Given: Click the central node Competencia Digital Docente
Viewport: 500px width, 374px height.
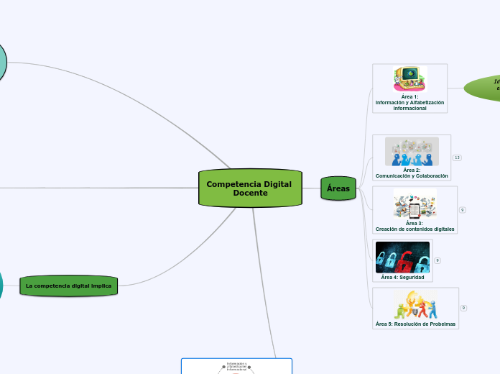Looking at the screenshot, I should click(x=249, y=188).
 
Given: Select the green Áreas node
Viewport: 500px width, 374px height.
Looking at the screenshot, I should click(x=338, y=188).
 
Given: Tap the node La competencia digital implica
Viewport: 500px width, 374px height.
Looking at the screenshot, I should click(x=68, y=286).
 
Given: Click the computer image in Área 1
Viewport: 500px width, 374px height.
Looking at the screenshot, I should click(x=410, y=78).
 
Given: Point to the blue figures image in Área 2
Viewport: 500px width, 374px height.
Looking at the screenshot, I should click(x=412, y=152).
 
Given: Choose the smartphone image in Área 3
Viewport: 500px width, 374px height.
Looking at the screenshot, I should click(x=415, y=204).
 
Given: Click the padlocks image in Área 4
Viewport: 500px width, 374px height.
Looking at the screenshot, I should click(x=402, y=257).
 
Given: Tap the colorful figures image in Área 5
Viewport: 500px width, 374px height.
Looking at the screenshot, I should click(x=415, y=305).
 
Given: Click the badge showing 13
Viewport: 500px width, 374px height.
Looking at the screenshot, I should click(x=457, y=158).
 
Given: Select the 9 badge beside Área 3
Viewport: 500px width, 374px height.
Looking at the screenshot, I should click(x=463, y=210).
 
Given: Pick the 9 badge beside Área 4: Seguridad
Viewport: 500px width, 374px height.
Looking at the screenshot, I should click(x=437, y=260).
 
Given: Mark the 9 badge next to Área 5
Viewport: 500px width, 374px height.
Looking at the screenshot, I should click(x=463, y=308).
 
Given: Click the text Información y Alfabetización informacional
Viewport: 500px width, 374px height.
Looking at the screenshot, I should click(x=409, y=105).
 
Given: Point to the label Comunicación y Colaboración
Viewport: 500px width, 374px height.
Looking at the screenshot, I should click(x=412, y=175).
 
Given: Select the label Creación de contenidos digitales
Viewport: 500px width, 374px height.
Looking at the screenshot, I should click(x=415, y=229).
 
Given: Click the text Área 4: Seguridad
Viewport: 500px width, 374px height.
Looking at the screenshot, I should click(x=402, y=277).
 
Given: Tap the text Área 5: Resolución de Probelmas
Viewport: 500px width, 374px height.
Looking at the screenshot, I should click(x=415, y=324).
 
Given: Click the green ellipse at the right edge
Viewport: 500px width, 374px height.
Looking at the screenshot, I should click(x=485, y=87).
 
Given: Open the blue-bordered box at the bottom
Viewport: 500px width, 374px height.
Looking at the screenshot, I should click(x=236, y=366).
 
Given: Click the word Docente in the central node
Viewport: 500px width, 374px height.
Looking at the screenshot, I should click(x=249, y=193).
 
